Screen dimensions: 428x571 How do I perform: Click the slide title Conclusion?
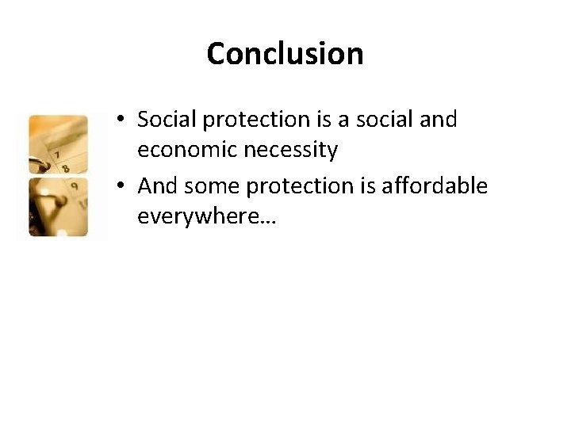285,54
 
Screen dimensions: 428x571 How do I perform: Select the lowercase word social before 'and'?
380,120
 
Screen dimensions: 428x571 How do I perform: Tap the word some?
209,185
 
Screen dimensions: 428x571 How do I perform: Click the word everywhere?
197,216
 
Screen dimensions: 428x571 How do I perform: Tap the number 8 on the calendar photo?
65,167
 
